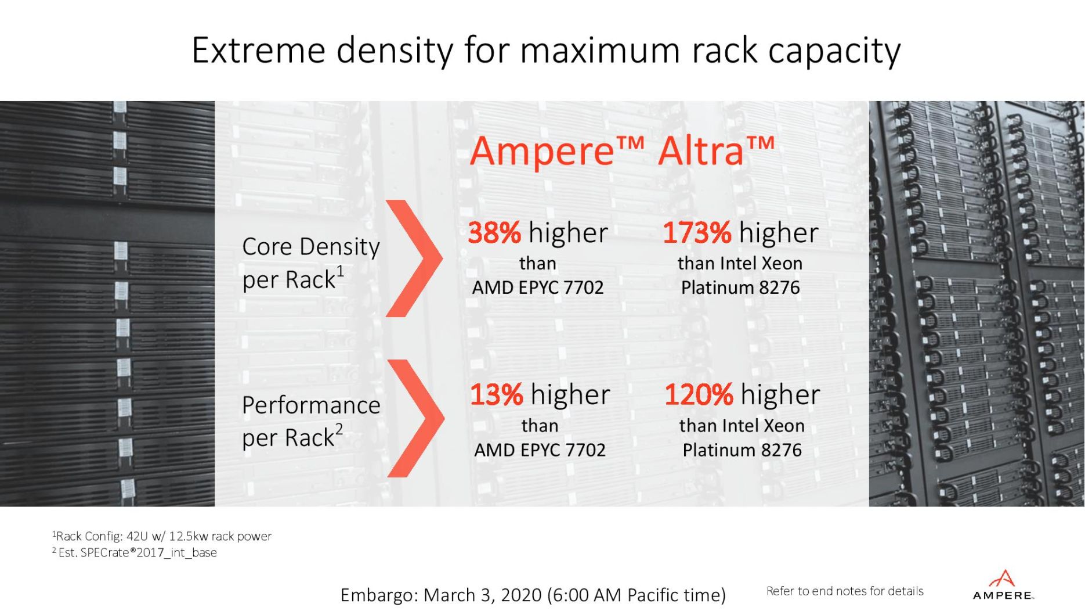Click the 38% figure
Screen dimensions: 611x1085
[x=494, y=233]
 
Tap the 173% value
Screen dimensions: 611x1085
[x=696, y=233]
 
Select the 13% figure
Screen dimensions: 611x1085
[x=496, y=395]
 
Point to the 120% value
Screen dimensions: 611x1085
[x=698, y=395]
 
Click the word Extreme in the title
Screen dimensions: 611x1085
[x=258, y=51]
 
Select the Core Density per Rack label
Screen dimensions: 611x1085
[x=310, y=263]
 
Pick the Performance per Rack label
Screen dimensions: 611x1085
[x=310, y=421]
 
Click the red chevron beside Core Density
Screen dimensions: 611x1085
[x=414, y=258]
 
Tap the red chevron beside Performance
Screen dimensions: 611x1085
[x=415, y=418]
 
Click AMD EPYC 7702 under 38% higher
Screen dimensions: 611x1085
[x=537, y=287]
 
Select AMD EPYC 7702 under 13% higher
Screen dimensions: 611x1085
[x=540, y=450]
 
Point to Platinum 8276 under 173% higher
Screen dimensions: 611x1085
[x=740, y=287]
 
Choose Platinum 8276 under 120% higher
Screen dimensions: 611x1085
[x=742, y=450]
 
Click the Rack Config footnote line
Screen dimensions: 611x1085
[x=162, y=536]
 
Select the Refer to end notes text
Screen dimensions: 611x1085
[x=844, y=591]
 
